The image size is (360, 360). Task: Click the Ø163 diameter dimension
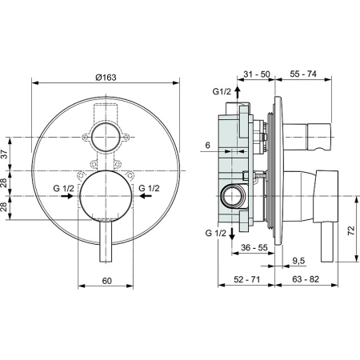tap(106, 77)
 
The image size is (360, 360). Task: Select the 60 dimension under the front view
tap(106, 281)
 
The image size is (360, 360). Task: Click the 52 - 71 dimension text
tap(242, 281)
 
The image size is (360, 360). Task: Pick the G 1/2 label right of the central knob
tap(150, 189)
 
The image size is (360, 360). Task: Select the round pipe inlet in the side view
tap(234, 195)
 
